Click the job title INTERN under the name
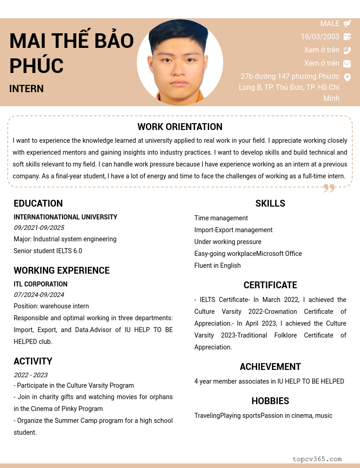point(26,88)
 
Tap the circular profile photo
point(180,62)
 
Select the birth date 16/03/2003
point(320,36)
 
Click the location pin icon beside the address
point(347,77)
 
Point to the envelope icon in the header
point(347,63)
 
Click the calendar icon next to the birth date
point(347,36)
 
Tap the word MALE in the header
point(330,23)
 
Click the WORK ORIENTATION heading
point(180,127)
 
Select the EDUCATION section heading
point(38,203)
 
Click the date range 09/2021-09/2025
point(39,228)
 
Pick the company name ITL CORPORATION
point(41,284)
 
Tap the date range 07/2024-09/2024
point(39,295)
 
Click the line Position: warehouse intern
point(51,306)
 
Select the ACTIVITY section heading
point(33,361)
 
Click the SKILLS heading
point(270,203)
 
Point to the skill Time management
point(221,218)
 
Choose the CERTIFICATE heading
point(270,285)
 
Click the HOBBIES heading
point(270,401)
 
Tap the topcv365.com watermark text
point(317,459)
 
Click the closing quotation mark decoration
point(329,188)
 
